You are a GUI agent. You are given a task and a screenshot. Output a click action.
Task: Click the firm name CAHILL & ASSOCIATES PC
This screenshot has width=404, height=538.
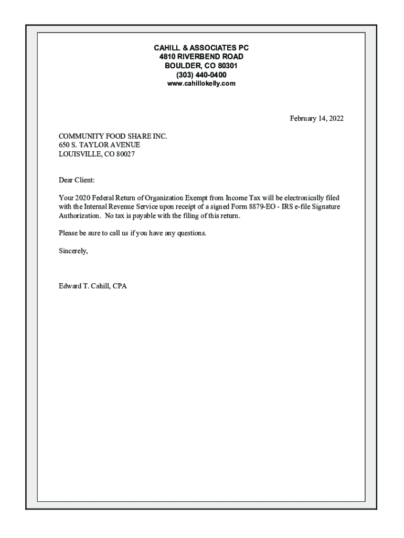[201, 48]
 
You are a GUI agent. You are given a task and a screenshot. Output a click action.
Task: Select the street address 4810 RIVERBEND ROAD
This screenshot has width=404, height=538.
[201, 57]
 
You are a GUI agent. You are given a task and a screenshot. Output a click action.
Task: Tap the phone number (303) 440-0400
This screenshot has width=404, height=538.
[201, 75]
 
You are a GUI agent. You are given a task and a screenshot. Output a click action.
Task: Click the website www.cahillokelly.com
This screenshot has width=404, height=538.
[201, 84]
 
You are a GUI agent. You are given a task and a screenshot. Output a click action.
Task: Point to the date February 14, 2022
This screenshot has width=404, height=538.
[317, 119]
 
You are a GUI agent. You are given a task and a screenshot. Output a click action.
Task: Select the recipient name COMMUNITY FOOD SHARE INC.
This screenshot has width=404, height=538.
[113, 136]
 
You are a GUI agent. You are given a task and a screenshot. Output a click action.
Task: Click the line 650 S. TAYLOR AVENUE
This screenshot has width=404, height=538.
[99, 145]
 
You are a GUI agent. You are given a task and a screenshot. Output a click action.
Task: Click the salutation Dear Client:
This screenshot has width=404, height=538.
[77, 180]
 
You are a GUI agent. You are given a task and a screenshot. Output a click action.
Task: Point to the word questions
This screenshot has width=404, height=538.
[192, 233]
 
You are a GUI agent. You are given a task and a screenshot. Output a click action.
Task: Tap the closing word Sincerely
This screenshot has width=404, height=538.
[73, 251]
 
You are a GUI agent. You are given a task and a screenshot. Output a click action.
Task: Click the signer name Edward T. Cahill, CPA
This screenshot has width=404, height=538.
[92, 286]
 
